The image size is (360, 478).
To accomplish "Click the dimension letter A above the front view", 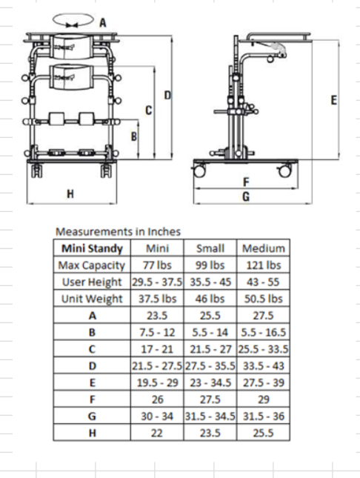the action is click(103, 22).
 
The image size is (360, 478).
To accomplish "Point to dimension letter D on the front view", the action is click(167, 95).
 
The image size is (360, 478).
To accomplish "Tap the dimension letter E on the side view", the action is click(334, 100).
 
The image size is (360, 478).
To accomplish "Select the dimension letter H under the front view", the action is click(70, 194).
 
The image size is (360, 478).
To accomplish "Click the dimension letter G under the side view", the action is click(246, 196).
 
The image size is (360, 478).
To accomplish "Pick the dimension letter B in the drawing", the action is click(134, 136).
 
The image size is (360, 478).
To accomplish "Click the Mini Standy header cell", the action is click(92, 248).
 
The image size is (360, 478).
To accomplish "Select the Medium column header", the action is click(264, 248).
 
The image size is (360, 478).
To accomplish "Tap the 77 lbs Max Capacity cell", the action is click(157, 265).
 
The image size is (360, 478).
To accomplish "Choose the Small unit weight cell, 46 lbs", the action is click(210, 299).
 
